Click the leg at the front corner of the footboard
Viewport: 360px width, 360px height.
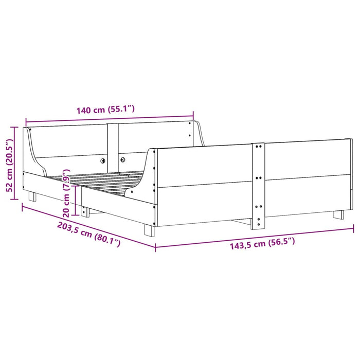point(149,229)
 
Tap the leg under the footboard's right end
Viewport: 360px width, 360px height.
point(338,214)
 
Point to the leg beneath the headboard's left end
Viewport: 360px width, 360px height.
point(32,196)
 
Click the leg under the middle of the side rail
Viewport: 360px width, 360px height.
point(85,211)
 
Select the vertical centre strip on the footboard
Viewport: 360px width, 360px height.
point(258,185)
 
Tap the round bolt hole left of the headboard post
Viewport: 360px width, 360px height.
point(102,160)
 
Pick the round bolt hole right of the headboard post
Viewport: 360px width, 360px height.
point(123,160)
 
